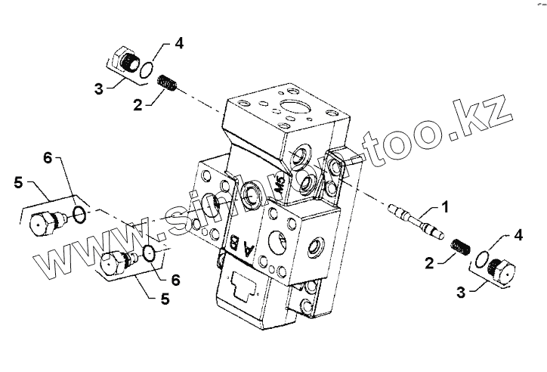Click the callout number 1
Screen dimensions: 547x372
[x=445, y=206]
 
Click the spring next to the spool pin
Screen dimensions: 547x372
[x=459, y=246]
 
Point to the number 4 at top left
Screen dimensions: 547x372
[x=178, y=42]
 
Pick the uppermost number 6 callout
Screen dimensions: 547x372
[x=48, y=158]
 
